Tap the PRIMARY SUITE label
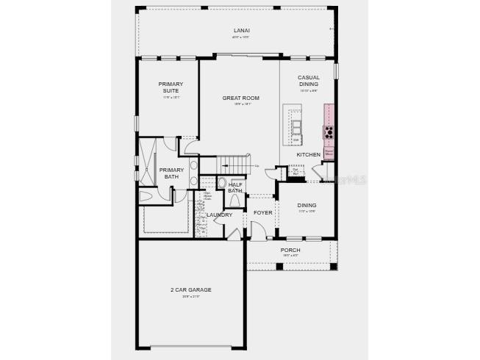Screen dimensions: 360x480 (171, 87)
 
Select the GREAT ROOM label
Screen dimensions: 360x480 (241, 98)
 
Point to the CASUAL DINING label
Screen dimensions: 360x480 (308, 80)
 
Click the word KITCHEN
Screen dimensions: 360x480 (308, 155)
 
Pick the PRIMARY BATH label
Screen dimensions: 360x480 (171, 173)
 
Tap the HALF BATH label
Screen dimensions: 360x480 (234, 187)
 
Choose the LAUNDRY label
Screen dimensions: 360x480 (219, 215)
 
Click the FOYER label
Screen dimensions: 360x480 (262, 212)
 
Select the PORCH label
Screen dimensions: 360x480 (290, 250)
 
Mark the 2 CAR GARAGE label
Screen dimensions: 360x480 (190, 289)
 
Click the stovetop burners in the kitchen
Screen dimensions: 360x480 (328, 132)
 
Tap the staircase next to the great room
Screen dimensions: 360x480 (234, 165)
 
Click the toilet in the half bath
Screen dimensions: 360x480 (222, 182)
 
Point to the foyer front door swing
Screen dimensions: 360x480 (257, 233)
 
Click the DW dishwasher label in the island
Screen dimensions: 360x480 (295, 140)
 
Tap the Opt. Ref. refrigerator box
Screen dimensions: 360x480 (295, 172)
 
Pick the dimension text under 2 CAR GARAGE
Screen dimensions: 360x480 (190, 297)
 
